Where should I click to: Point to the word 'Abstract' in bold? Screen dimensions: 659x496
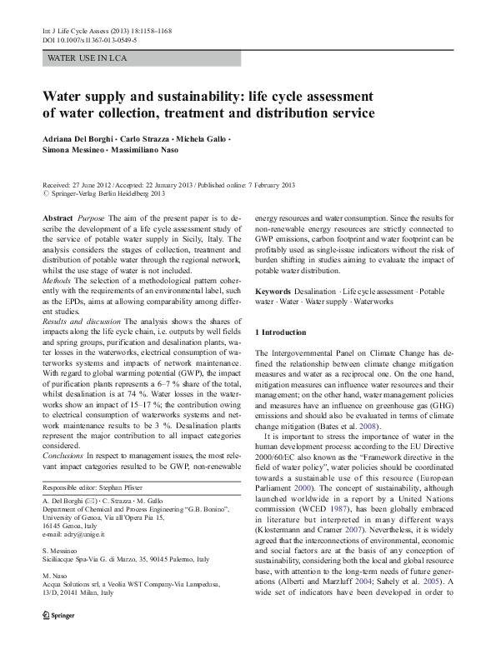(58, 217)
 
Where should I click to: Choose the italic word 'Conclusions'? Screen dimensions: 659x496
(63, 456)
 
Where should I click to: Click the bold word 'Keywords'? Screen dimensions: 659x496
(273, 292)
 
